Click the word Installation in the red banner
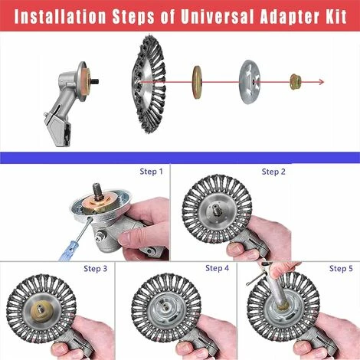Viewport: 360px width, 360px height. [60, 16]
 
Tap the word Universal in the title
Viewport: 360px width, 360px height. [217, 16]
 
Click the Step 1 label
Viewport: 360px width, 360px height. [151, 172]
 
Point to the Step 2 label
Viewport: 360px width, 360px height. [273, 172]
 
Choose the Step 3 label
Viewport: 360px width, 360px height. [96, 269]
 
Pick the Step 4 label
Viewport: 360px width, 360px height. [218, 268]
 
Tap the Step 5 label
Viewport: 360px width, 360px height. [341, 268]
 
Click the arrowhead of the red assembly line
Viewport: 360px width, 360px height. [322, 82]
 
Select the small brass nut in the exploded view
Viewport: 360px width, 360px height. [296, 82]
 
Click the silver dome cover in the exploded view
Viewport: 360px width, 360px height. [250, 82]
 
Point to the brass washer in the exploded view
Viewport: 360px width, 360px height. [197, 82]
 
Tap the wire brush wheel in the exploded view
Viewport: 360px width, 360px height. [149, 84]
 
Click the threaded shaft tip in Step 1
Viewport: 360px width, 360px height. [98, 189]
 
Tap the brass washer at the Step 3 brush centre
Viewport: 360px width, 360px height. [41, 309]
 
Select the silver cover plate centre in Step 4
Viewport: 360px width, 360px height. [166, 309]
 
